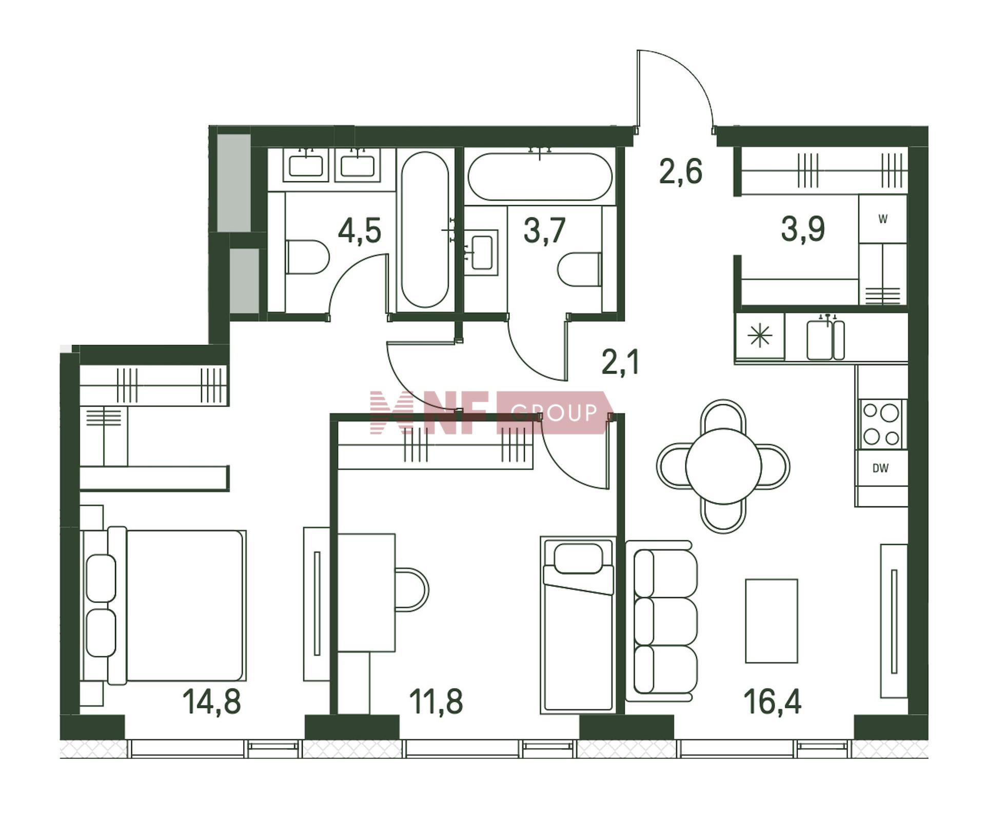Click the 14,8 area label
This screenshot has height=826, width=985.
coord(211,702)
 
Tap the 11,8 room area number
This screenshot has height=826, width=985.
coord(436,702)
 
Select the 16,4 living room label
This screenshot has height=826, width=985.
coord(772,702)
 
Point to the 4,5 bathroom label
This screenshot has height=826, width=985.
coord(360,230)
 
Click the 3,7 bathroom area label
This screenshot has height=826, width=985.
coord(544,230)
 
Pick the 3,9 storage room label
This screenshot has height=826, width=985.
coord(803,229)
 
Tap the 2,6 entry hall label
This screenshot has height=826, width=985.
coord(680,171)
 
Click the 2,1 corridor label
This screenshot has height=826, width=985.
coord(620,362)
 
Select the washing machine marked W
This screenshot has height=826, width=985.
coord(882,219)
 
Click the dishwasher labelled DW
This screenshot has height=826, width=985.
coord(880,468)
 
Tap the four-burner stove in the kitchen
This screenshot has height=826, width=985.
coord(881,424)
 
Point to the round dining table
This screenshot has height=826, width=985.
coord(723,466)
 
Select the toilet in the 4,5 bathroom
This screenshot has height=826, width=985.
coord(307,257)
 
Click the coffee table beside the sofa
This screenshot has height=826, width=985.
coord(772,621)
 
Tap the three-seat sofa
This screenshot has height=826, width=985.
coord(661,621)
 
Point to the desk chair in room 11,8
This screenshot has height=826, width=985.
coord(411,589)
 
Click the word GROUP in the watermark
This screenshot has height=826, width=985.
coord(555,412)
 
